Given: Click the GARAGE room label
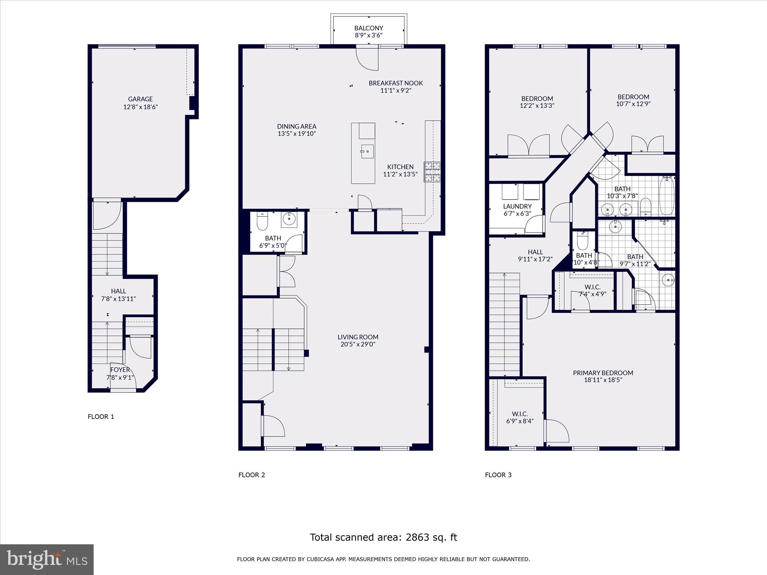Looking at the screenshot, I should click(140, 99).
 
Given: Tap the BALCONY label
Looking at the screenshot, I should click(369, 28).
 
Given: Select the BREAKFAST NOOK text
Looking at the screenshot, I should click(395, 83).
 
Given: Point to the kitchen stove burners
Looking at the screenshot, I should click(432, 172).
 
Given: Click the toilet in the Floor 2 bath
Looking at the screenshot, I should click(262, 222).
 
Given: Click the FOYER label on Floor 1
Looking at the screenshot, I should click(120, 370).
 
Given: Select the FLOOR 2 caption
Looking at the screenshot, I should click(252, 475).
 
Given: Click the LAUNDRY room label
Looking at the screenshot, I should click(517, 206).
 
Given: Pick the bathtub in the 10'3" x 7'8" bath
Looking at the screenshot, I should click(667, 196).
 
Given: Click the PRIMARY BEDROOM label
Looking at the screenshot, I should click(603, 373).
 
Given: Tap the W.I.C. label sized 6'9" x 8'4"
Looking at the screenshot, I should click(520, 414).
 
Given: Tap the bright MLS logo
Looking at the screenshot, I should click(47, 560).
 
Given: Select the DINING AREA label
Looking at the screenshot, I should click(297, 127).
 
